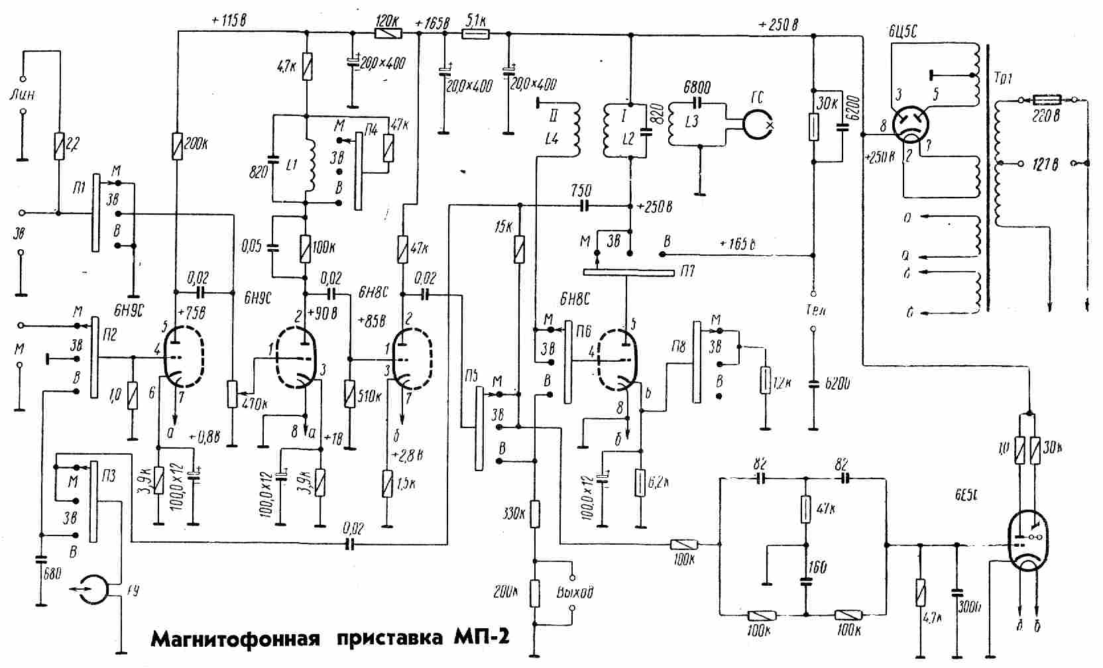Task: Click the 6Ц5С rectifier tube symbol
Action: (x=909, y=124)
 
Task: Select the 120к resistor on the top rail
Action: (x=387, y=32)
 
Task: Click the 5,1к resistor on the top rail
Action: (x=475, y=32)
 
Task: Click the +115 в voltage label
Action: (x=229, y=21)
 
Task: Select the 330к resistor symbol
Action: (x=534, y=514)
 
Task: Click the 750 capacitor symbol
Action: (x=584, y=206)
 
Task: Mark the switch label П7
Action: (x=686, y=272)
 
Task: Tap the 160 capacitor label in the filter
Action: (x=818, y=568)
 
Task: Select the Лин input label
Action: (x=22, y=95)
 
